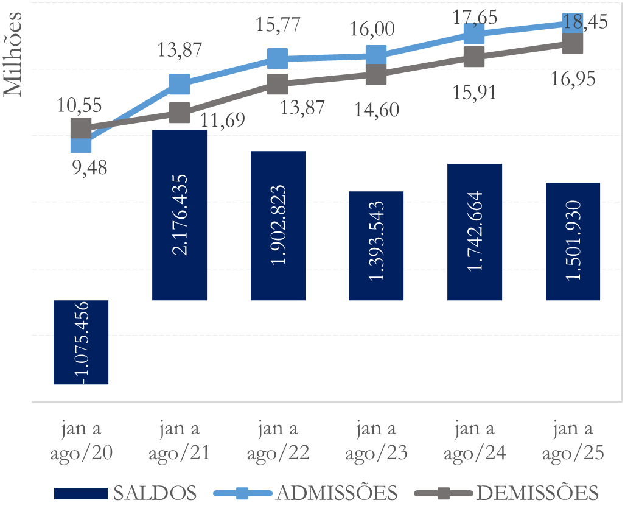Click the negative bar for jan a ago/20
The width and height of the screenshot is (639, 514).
(81, 342)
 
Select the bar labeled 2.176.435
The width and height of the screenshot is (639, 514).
(180, 215)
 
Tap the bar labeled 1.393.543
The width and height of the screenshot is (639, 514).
(376, 245)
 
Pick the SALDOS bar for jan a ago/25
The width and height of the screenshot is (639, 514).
(573, 241)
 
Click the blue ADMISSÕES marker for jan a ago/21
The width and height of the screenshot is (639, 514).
(180, 83)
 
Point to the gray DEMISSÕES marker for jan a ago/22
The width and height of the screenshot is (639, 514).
(278, 84)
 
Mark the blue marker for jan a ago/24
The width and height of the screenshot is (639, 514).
(474, 34)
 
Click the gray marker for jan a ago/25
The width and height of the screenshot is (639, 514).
(573, 43)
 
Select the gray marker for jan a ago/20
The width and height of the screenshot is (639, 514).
(81, 128)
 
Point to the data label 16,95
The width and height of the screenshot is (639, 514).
(573, 79)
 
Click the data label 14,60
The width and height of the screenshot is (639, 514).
(375, 110)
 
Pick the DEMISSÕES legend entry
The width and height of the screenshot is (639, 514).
(506, 493)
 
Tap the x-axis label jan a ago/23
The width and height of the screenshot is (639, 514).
(376, 440)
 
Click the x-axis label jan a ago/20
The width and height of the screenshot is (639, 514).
(81, 440)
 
